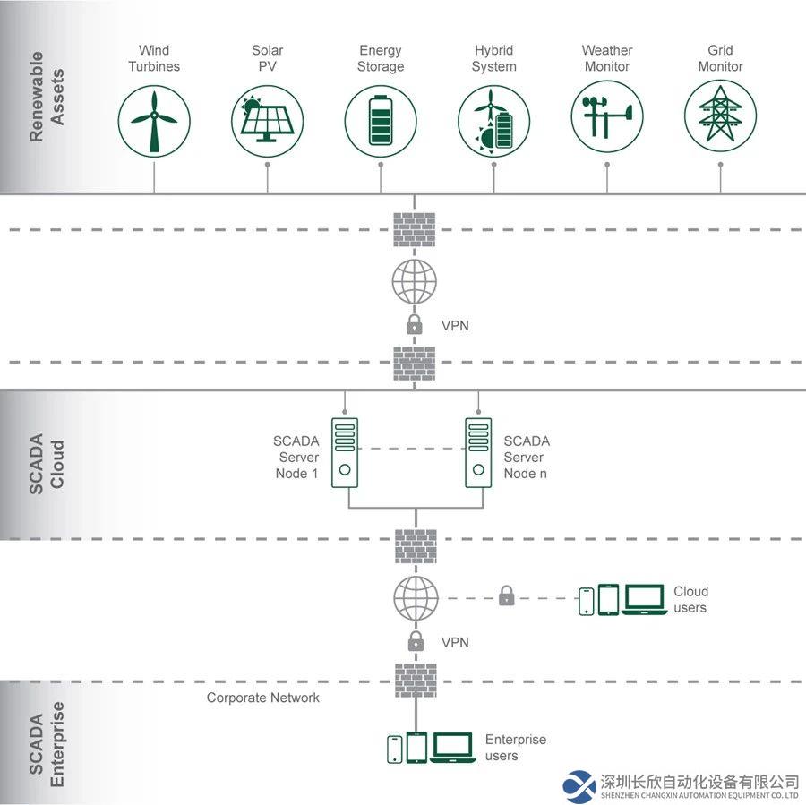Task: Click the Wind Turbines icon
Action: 154,121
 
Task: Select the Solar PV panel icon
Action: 267,121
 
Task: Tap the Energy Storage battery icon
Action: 381,121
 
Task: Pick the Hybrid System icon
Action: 494,121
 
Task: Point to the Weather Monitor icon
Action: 607,116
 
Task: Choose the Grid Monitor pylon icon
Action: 720,116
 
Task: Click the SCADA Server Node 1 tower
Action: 345,452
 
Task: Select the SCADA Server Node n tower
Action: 478,452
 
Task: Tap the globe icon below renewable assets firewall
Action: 415,282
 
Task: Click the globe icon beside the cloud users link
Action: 416,598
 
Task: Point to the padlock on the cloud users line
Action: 506,595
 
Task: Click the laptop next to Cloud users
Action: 644,599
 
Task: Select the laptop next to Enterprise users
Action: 452,748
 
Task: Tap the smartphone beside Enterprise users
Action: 395,749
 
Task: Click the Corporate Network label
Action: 262,698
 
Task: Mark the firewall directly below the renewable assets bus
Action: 415,230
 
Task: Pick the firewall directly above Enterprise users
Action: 416,681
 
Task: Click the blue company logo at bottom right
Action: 579,786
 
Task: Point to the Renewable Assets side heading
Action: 47,97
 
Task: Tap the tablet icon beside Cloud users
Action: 609,599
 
